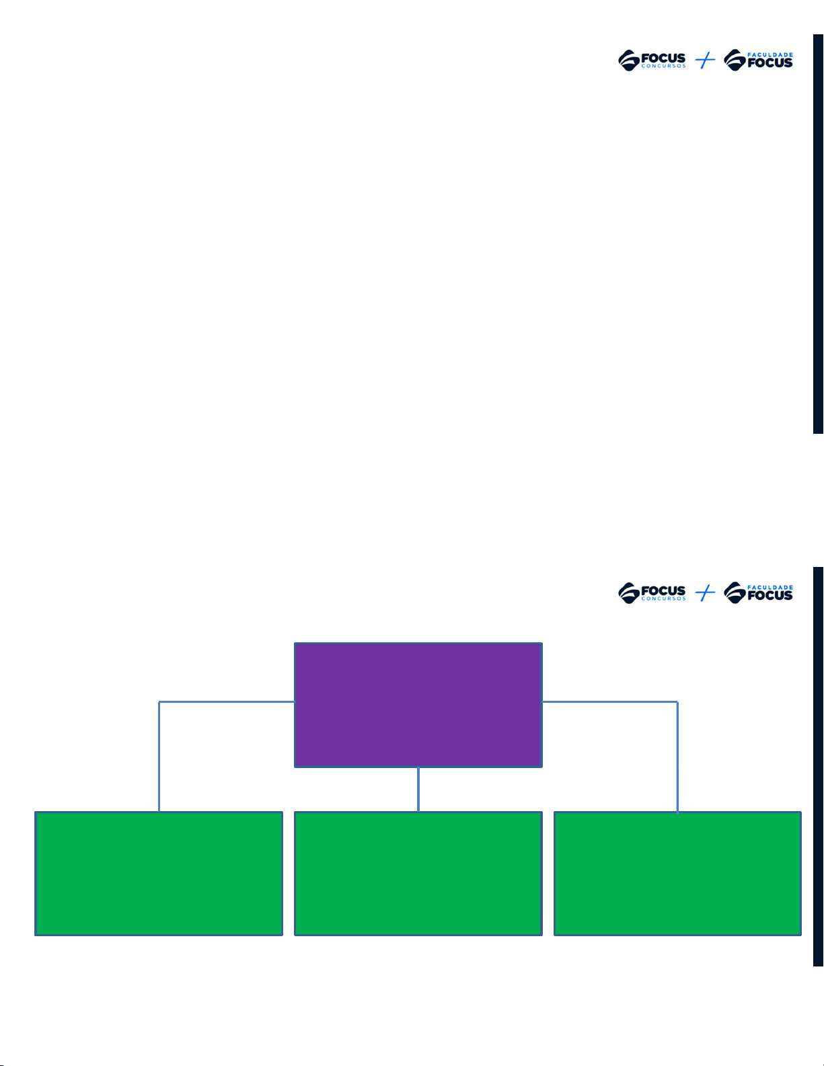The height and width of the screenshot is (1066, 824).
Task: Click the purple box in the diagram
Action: [x=418, y=705]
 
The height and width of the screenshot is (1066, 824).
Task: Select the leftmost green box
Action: [x=159, y=873]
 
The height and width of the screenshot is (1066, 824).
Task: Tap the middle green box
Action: [x=418, y=873]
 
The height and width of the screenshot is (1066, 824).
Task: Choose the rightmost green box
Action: [x=677, y=873]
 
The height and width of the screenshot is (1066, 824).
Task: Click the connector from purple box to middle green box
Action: [x=418, y=789]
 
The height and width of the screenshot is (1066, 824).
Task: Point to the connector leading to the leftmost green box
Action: [x=159, y=753]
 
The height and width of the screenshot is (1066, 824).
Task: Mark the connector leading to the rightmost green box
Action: [x=677, y=753]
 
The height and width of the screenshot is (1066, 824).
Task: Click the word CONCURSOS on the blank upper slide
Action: [x=663, y=67]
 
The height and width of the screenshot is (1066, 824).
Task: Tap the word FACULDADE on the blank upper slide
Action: [x=770, y=54]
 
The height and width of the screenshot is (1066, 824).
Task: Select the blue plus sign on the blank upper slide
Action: [x=705, y=61]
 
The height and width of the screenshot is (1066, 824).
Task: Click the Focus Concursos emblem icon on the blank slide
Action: [x=628, y=61]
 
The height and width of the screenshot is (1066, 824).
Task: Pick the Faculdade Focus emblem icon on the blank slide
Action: [x=735, y=61]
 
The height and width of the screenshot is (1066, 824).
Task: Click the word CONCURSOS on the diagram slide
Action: [x=663, y=599]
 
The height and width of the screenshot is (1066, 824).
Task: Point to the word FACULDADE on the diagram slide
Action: [x=770, y=587]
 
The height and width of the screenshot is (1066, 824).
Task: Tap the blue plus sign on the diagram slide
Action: [x=705, y=593]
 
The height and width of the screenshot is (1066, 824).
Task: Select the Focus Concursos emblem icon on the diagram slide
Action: [x=628, y=593]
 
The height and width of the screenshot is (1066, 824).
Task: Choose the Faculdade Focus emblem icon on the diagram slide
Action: [x=735, y=593]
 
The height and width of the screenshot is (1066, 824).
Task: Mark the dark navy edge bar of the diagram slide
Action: [x=818, y=767]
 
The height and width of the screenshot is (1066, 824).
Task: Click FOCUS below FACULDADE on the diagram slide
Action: [x=770, y=596]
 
